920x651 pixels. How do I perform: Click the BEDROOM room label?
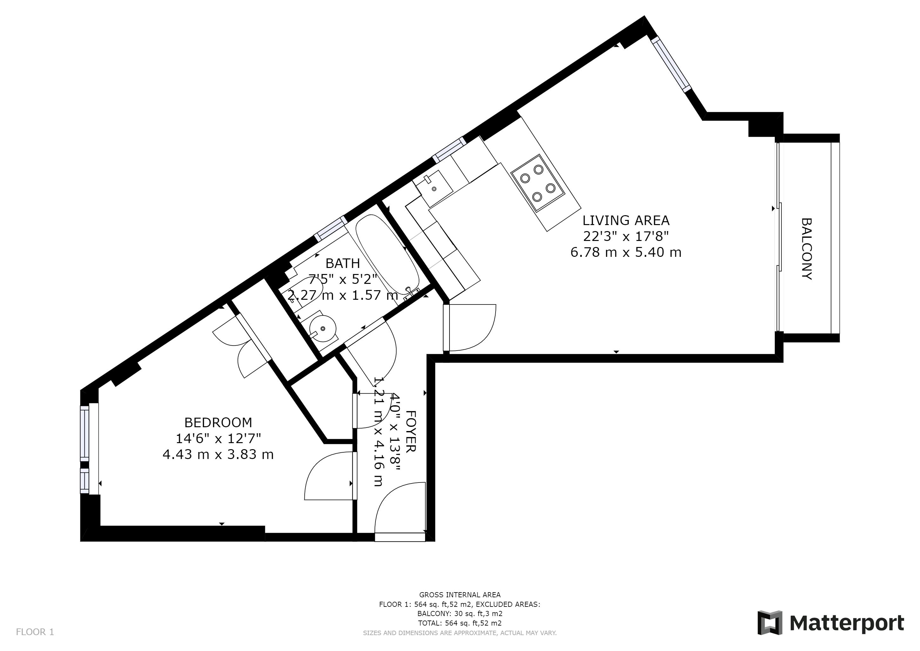(x=218, y=422)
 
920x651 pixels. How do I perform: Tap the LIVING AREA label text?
(x=626, y=221)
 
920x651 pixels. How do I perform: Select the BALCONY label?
(x=806, y=249)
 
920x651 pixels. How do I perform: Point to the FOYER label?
(x=411, y=431)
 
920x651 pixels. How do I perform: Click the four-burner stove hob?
(x=538, y=183)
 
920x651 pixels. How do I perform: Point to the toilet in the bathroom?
(x=307, y=291)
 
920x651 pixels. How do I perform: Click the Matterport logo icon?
(x=770, y=623)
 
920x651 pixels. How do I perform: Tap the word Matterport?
(x=847, y=623)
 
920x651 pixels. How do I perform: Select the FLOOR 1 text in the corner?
(x=35, y=632)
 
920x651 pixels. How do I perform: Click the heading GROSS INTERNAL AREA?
(x=460, y=595)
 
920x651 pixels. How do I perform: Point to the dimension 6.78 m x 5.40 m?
(x=626, y=252)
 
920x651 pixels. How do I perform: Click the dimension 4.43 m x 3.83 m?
(x=218, y=455)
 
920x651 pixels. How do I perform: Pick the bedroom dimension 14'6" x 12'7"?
(x=218, y=439)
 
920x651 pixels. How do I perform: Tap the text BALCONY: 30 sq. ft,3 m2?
(x=460, y=614)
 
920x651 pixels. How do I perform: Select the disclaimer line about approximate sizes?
(x=460, y=633)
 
